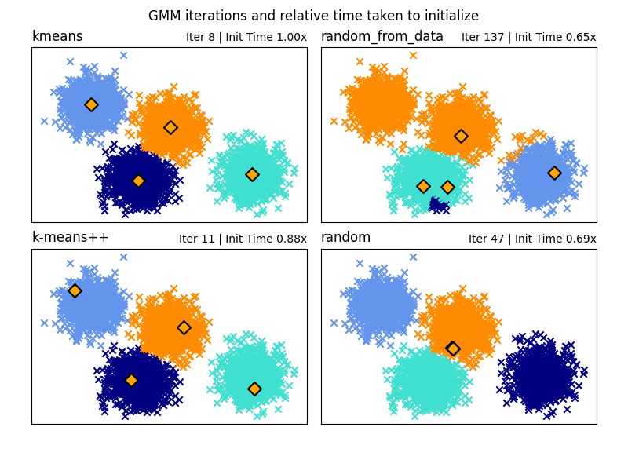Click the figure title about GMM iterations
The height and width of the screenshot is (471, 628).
[x=313, y=16]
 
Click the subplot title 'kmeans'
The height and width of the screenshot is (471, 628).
[x=57, y=37]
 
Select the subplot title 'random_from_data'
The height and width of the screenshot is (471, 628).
[x=382, y=37]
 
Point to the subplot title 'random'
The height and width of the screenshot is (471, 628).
[x=346, y=238]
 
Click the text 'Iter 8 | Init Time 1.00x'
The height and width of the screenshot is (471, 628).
[x=246, y=38]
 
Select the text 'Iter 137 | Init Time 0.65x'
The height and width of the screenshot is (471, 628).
[x=529, y=38]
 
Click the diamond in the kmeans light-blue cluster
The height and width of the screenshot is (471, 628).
[x=91, y=104]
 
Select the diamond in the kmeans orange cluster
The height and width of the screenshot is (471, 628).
[x=170, y=127]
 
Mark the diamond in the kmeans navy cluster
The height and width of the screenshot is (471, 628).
[x=138, y=181]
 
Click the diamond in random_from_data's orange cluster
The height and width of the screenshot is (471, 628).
[x=461, y=136]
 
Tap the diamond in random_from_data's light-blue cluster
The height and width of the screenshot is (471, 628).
[x=554, y=173]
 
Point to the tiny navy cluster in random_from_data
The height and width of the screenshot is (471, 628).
[x=438, y=205]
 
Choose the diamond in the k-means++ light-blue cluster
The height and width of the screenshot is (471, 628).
[x=75, y=290]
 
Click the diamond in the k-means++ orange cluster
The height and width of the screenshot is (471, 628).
[x=184, y=327]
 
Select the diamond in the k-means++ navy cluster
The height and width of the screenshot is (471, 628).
[x=131, y=380]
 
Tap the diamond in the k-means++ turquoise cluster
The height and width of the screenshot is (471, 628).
[x=254, y=389]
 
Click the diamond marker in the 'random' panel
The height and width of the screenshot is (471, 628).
[x=453, y=349]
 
